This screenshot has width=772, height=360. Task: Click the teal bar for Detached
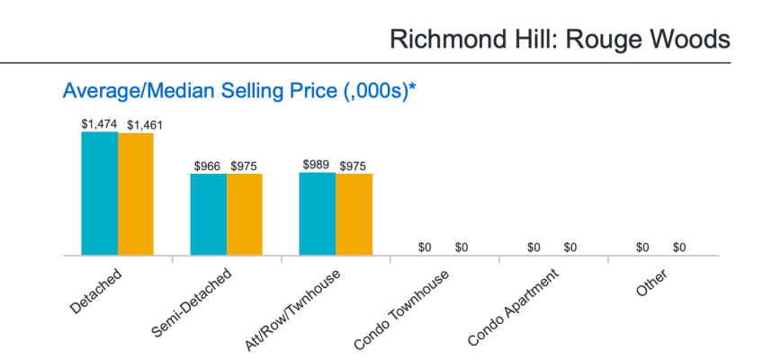[x=99, y=193]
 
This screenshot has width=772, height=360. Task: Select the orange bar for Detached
[x=136, y=194]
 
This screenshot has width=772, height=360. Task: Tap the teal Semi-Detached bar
[x=208, y=215]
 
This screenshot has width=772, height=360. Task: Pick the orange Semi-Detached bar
[x=245, y=215]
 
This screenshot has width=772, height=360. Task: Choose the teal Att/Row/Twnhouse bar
[x=318, y=214]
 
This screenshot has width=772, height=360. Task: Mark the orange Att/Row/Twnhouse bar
[x=354, y=215]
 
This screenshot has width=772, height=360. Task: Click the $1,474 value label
[x=99, y=124]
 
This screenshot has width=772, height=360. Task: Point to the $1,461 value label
[x=144, y=125]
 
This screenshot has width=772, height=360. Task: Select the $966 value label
[x=208, y=166]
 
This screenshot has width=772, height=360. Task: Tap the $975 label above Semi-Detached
[x=245, y=166]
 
